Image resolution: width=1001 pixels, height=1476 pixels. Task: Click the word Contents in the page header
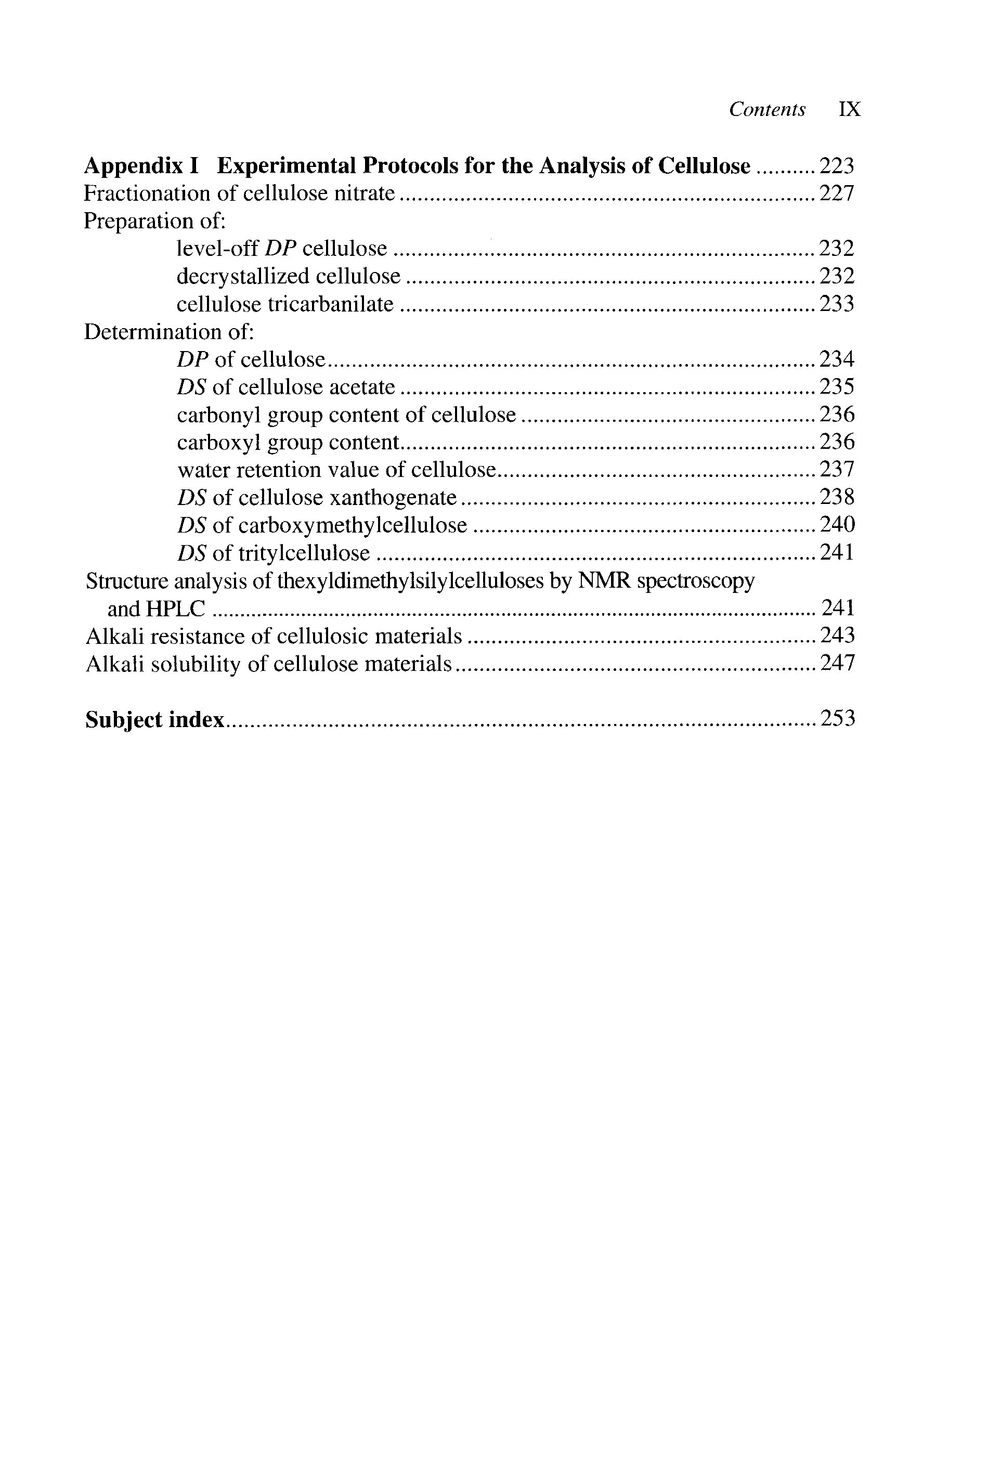766,109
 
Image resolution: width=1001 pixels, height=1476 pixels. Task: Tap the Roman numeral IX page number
849,109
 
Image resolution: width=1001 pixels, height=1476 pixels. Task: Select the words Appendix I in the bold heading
141,166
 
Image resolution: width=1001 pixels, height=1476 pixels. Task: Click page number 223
837,166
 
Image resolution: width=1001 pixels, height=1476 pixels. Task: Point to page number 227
837,193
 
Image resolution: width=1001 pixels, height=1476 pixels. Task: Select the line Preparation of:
155,221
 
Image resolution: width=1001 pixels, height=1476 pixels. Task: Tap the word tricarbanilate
330,304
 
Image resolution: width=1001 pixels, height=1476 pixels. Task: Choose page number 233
837,304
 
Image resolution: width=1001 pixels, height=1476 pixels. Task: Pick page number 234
837,359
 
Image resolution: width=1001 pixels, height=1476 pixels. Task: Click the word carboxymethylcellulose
353,525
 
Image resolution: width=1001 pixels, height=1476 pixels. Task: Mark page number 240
837,525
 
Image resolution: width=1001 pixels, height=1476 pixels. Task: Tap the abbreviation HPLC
175,609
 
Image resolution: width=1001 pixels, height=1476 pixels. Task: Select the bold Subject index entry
154,720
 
